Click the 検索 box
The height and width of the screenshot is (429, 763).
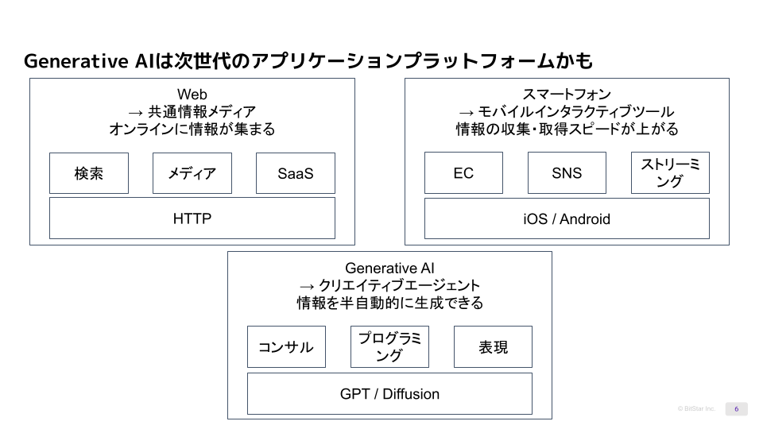tap(89, 173)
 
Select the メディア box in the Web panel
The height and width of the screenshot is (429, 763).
tap(192, 173)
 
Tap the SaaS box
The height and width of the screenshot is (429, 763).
tap(296, 173)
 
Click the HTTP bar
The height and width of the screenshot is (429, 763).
tap(192, 218)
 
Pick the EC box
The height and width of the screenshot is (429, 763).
tap(463, 173)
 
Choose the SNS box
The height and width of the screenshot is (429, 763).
tap(567, 173)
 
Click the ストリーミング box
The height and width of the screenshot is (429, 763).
tap(670, 173)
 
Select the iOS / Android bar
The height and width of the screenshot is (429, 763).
tap(567, 218)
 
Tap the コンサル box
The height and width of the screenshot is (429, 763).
tap(286, 347)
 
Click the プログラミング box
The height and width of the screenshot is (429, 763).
tap(389, 347)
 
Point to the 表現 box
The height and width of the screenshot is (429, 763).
tap(493, 347)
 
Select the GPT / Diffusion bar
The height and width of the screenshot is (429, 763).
tap(389, 394)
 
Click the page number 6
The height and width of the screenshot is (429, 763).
tap(736, 408)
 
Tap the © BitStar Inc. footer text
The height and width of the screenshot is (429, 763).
tap(696, 408)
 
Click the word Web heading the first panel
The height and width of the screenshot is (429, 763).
tap(192, 95)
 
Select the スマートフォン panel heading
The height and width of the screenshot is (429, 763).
tap(567, 95)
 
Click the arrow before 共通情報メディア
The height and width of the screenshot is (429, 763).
tap(135, 113)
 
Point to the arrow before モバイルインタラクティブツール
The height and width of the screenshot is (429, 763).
tap(467, 113)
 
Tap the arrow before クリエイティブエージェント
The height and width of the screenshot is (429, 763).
tap(308, 286)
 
